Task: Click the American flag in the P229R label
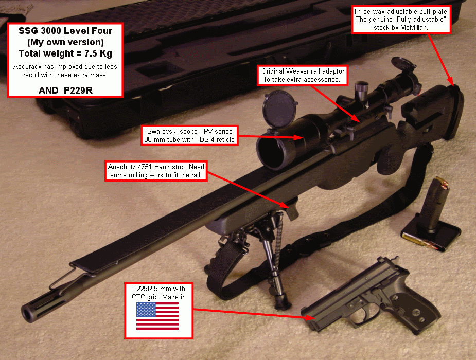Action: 157,316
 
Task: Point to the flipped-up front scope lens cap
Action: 280,110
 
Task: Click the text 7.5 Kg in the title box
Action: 98,53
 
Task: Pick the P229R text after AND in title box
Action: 78,91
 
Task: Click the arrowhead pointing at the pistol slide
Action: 310,317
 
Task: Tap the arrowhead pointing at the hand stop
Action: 284,205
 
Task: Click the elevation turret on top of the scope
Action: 362,90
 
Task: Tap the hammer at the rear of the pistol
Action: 394,260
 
